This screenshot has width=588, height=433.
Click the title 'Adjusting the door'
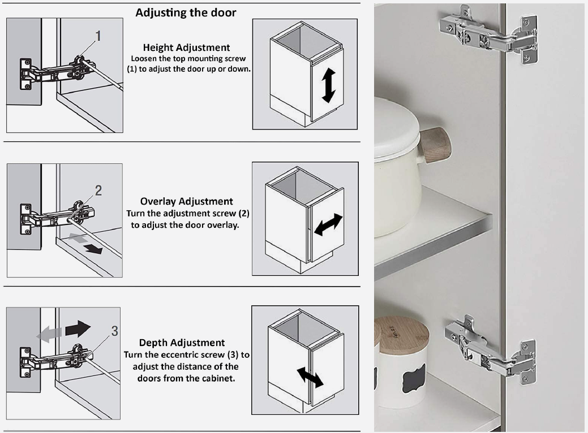[x=186, y=13]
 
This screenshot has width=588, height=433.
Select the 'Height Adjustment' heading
[x=186, y=47]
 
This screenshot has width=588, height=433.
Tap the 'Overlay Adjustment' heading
[x=186, y=201]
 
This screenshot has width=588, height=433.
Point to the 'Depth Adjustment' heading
[x=182, y=343]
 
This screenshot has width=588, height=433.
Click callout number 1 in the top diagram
[x=98, y=36]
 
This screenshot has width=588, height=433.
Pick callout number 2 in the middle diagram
[x=98, y=190]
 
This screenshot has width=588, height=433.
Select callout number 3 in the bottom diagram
[x=115, y=331]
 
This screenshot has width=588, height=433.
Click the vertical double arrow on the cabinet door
[x=328, y=85]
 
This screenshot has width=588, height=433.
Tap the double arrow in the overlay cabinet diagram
[x=328, y=225]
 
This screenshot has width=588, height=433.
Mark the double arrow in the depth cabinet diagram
[x=310, y=378]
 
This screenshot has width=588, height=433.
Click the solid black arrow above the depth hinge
[x=78, y=329]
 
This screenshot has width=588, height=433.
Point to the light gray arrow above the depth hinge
[x=49, y=334]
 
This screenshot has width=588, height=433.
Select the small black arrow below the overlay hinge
[x=93, y=249]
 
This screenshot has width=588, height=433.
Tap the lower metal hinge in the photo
[x=490, y=350]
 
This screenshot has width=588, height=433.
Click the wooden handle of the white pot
[x=435, y=145]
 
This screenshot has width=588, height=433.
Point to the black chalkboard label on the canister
[x=414, y=378]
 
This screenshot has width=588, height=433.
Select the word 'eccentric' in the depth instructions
[x=205, y=355]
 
